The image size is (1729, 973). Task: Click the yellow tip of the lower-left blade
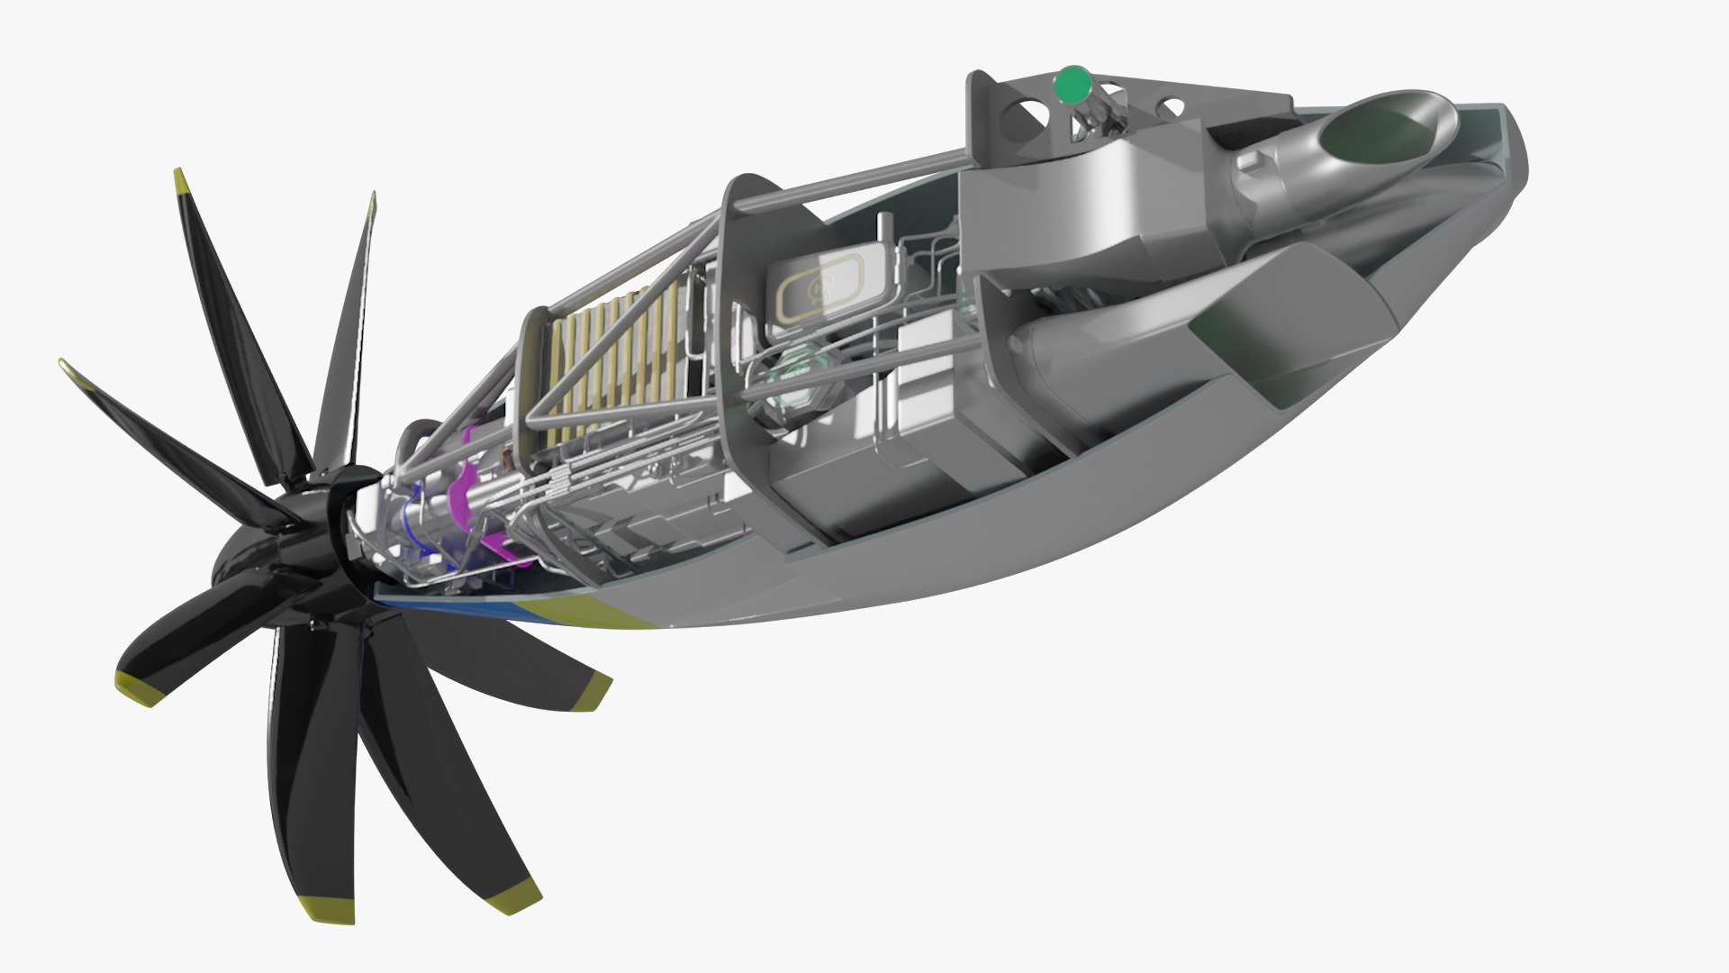coord(135,687)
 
